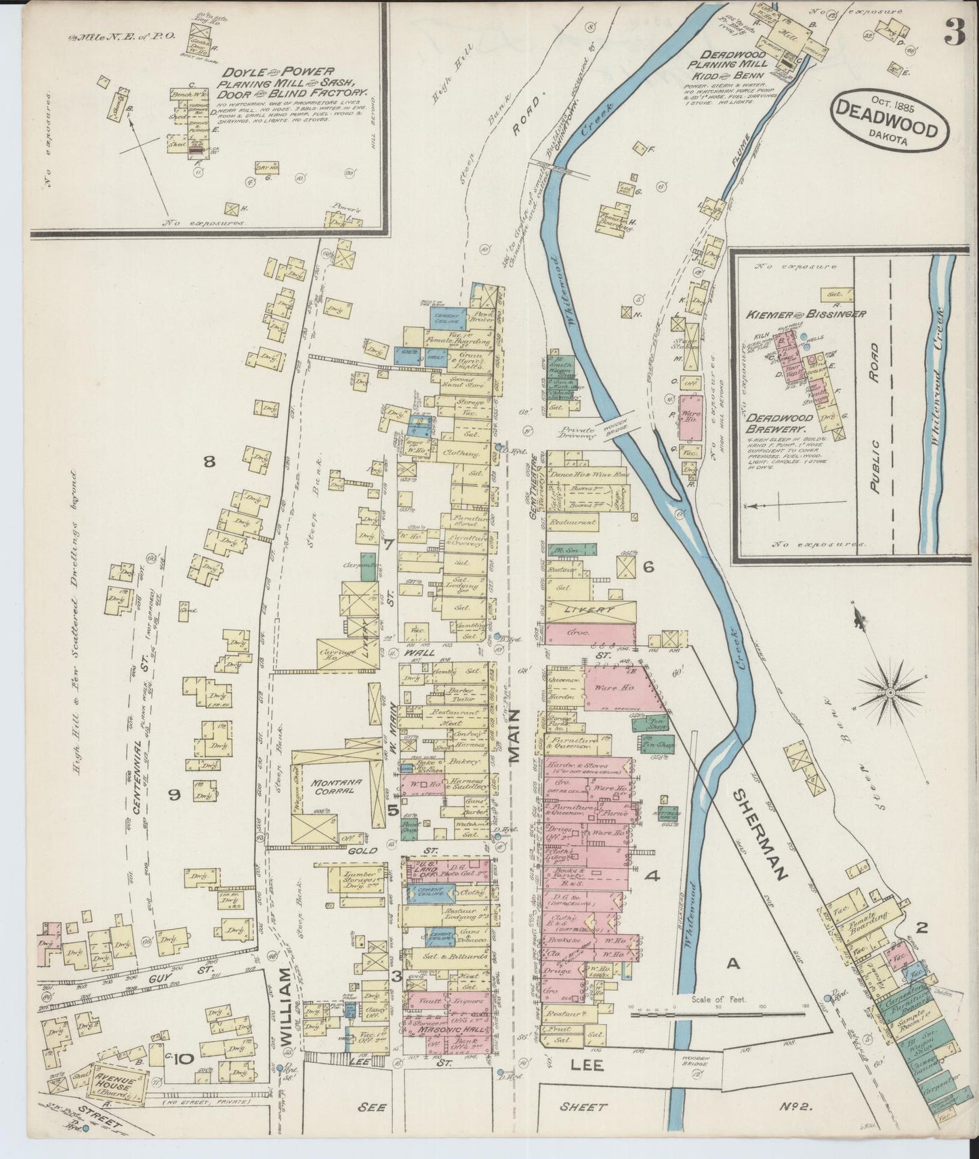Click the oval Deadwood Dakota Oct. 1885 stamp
pos(888,119)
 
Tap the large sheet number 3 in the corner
pos(955,33)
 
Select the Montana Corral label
pos(336,786)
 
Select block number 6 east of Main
pos(648,568)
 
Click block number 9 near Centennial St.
pos(173,794)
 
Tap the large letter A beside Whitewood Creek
pos(731,962)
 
